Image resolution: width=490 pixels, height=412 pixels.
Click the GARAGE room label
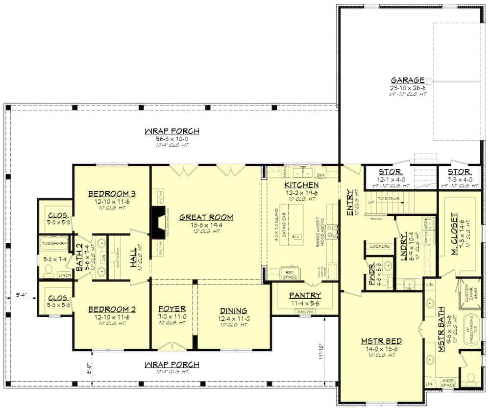[407, 80]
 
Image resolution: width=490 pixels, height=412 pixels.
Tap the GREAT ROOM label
[206, 217]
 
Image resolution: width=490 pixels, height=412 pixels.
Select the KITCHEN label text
[301, 185]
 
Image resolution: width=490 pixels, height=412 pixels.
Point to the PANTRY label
[304, 295]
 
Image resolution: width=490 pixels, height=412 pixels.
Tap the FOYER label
[172, 309]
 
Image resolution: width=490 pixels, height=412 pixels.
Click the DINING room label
[233, 310]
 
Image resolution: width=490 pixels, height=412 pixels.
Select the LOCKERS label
[380, 246]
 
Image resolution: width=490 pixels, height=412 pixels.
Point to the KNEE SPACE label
[448, 383]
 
